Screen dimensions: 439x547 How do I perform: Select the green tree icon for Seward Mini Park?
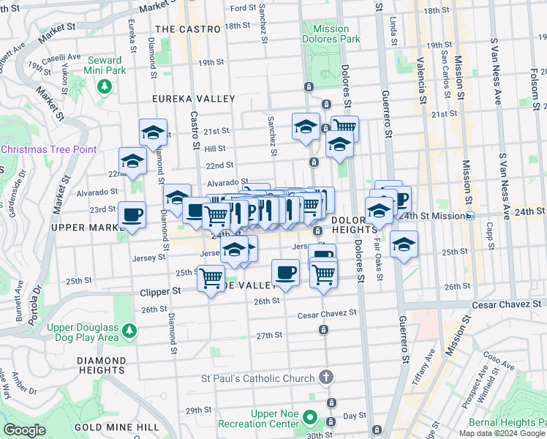tap(105, 87)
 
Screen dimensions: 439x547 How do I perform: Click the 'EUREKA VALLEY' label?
tap(193, 99)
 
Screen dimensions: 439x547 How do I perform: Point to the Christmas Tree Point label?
tap(49, 149)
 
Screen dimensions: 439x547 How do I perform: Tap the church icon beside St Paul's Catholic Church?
tap(326, 378)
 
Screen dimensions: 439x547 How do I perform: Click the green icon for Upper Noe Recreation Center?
tap(310, 419)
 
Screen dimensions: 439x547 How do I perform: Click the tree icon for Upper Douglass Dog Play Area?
tap(129, 331)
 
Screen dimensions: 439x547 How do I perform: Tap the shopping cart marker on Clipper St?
tap(211, 279)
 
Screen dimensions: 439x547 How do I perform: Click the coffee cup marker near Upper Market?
tap(132, 215)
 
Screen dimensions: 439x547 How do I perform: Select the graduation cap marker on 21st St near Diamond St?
tap(153, 132)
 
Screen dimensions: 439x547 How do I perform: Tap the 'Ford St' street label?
tap(242, 8)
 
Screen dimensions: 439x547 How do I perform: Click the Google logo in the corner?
tap(24, 430)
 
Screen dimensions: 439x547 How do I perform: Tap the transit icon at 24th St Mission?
tap(472, 216)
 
